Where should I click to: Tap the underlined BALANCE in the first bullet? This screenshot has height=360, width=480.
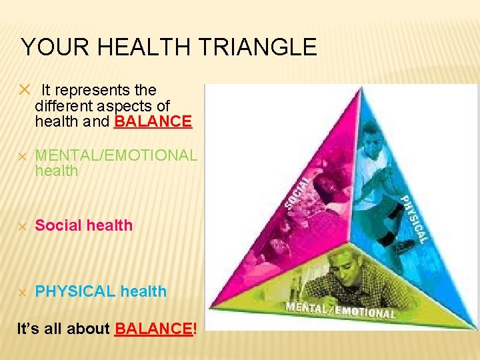[x=153, y=122]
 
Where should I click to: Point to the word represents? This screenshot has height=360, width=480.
[x=96, y=90]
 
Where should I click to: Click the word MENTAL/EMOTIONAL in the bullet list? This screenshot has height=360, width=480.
[x=116, y=155]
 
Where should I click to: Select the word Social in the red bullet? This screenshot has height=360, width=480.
[x=59, y=225]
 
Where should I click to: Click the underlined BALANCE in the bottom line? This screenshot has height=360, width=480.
[x=154, y=329]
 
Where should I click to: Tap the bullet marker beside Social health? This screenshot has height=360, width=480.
[x=22, y=226]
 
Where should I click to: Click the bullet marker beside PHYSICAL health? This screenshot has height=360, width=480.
[x=22, y=292]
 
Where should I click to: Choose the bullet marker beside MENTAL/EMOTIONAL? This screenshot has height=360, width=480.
[x=22, y=156]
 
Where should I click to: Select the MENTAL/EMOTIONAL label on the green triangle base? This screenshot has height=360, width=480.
[x=340, y=309]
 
